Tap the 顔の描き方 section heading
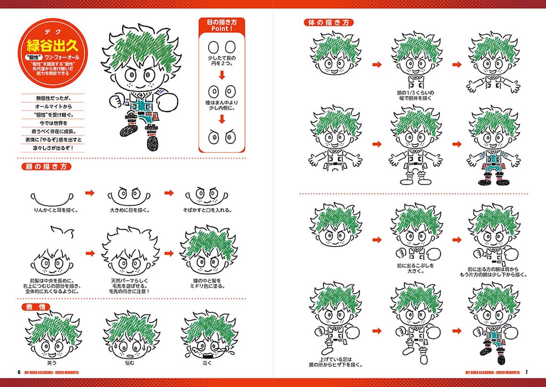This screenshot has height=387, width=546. [46, 166]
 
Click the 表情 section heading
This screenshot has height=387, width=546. [35, 307]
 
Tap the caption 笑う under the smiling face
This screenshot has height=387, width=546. [51, 363]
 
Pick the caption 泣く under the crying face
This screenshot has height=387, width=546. [207, 363]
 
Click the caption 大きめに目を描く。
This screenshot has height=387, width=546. [130, 211]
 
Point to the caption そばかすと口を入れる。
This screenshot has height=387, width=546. [207, 211]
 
